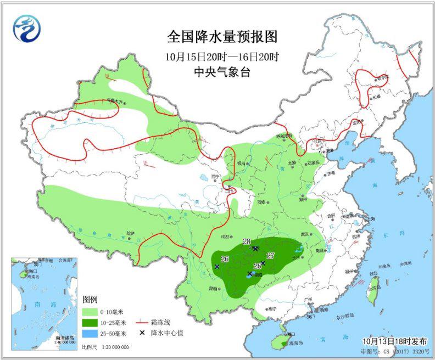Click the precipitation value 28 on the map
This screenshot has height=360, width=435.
[246, 241]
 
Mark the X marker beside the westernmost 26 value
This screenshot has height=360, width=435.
[217, 267]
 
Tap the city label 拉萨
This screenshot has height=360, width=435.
[130, 233]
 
